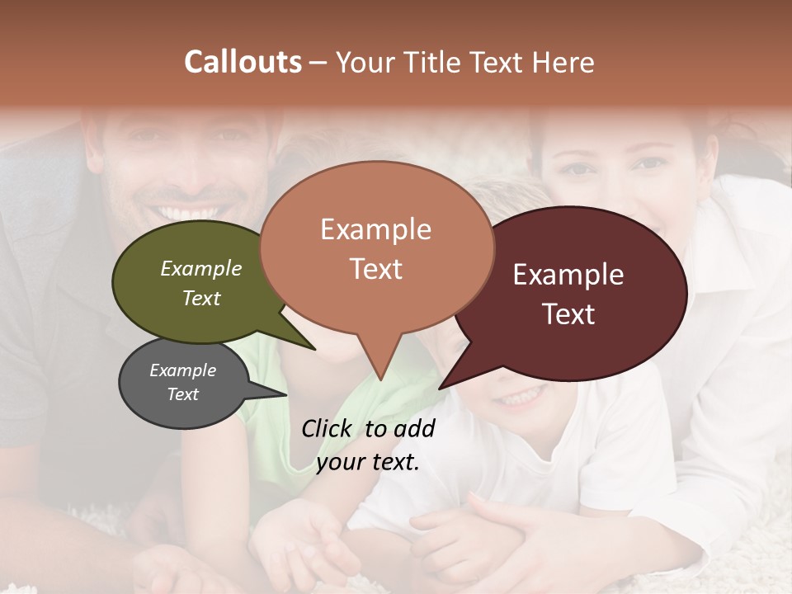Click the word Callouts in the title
pyautogui.click(x=243, y=62)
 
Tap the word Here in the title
pyautogui.click(x=563, y=62)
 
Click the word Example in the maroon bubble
pyautogui.click(x=568, y=275)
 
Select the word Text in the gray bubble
pyautogui.click(x=182, y=394)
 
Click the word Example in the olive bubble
pyautogui.click(x=201, y=269)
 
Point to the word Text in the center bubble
pyautogui.click(x=376, y=269)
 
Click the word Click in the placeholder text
pyautogui.click(x=327, y=428)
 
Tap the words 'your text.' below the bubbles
pyautogui.click(x=368, y=462)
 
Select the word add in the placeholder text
pyautogui.click(x=414, y=428)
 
